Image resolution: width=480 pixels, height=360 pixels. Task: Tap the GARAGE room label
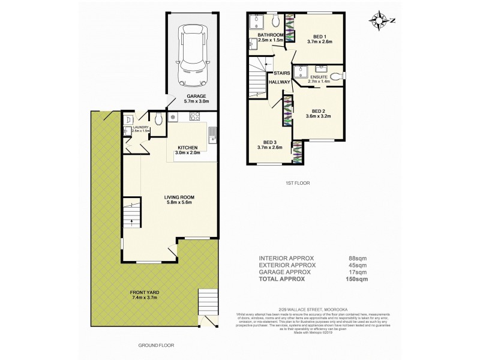[196, 96]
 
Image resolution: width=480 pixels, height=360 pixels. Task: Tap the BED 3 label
[270, 141]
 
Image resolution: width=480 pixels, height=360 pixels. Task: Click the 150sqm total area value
[358, 280]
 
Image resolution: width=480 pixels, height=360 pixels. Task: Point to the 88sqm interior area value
[358, 259]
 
